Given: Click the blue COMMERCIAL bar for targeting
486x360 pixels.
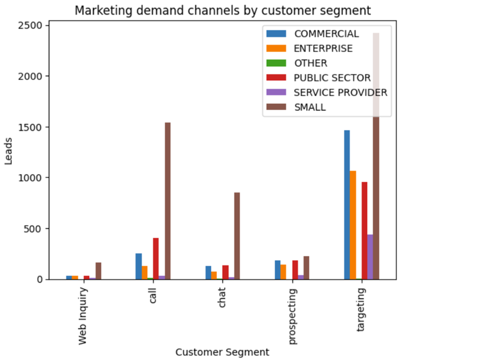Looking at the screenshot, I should coord(347,205).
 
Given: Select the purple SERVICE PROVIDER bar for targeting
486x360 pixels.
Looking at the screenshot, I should coord(370,257).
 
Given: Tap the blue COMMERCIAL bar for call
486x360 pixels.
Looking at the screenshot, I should coord(139,266).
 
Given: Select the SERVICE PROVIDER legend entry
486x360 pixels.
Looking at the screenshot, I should coord(340,92).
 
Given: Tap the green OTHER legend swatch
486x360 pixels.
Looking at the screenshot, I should coord(277,63).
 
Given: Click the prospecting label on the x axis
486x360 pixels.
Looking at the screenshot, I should coord(292,316).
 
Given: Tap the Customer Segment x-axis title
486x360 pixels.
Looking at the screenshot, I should coord(222,352).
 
